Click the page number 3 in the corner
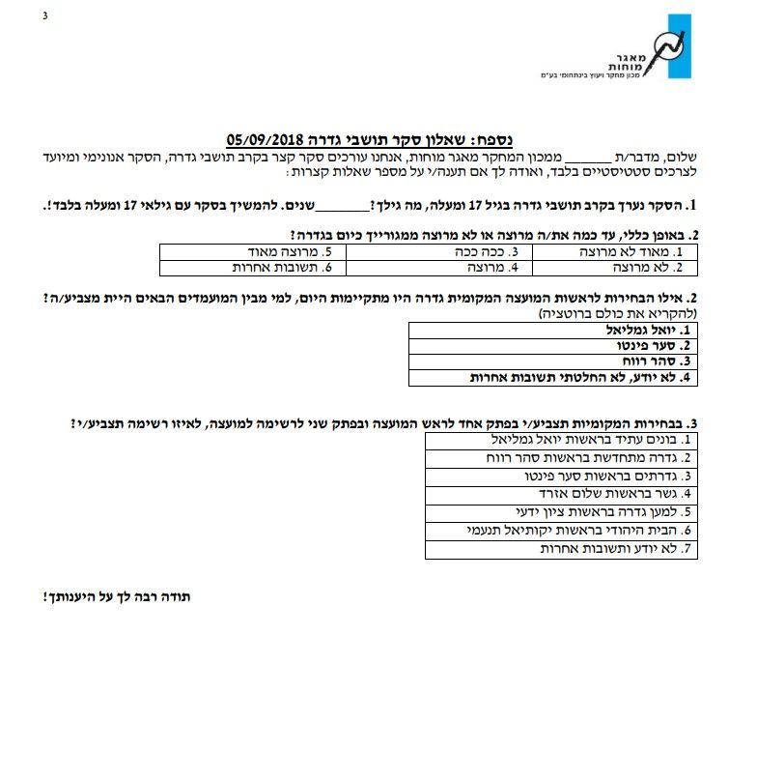tap(44, 14)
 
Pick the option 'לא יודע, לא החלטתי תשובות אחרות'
tap(579, 377)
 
